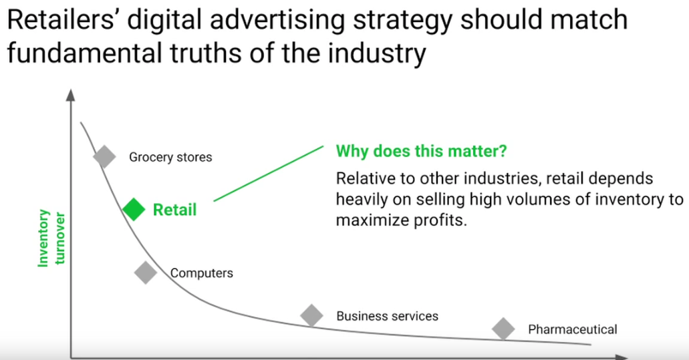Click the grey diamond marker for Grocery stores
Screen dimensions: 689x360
104,156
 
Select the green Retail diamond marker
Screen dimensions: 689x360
134,209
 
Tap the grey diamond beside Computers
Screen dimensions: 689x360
146,273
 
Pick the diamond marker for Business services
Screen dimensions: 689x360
311,315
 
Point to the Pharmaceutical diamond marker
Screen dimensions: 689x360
503,329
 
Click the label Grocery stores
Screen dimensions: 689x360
170,157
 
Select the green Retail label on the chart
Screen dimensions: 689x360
174,210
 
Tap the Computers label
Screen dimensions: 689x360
202,273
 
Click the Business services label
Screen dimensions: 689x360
387,316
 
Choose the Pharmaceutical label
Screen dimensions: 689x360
573,329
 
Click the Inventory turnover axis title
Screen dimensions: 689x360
51,238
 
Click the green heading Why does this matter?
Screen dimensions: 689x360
422,151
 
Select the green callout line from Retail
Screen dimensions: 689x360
269,174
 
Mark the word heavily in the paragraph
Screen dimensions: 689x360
362,200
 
